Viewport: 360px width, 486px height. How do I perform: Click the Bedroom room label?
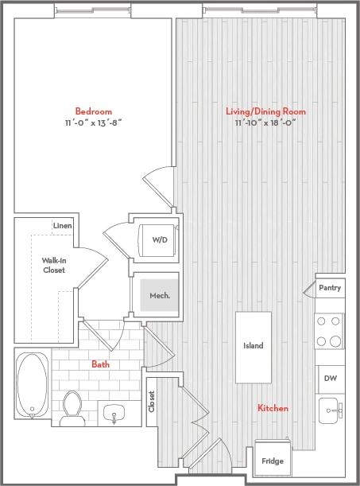click(93, 111)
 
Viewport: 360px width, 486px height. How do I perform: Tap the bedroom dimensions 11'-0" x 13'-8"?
click(93, 122)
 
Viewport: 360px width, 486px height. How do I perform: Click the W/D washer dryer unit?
click(158, 238)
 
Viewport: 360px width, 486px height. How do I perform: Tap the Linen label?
click(63, 226)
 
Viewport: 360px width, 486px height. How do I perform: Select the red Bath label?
click(100, 364)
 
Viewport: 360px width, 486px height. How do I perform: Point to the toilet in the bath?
click(73, 406)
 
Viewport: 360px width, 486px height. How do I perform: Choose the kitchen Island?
click(253, 346)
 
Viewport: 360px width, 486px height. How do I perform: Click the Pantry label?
click(329, 287)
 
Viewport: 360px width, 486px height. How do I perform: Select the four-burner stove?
click(329, 331)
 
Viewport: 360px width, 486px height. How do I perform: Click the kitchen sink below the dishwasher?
click(329, 410)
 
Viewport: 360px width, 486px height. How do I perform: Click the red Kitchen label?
click(273, 408)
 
